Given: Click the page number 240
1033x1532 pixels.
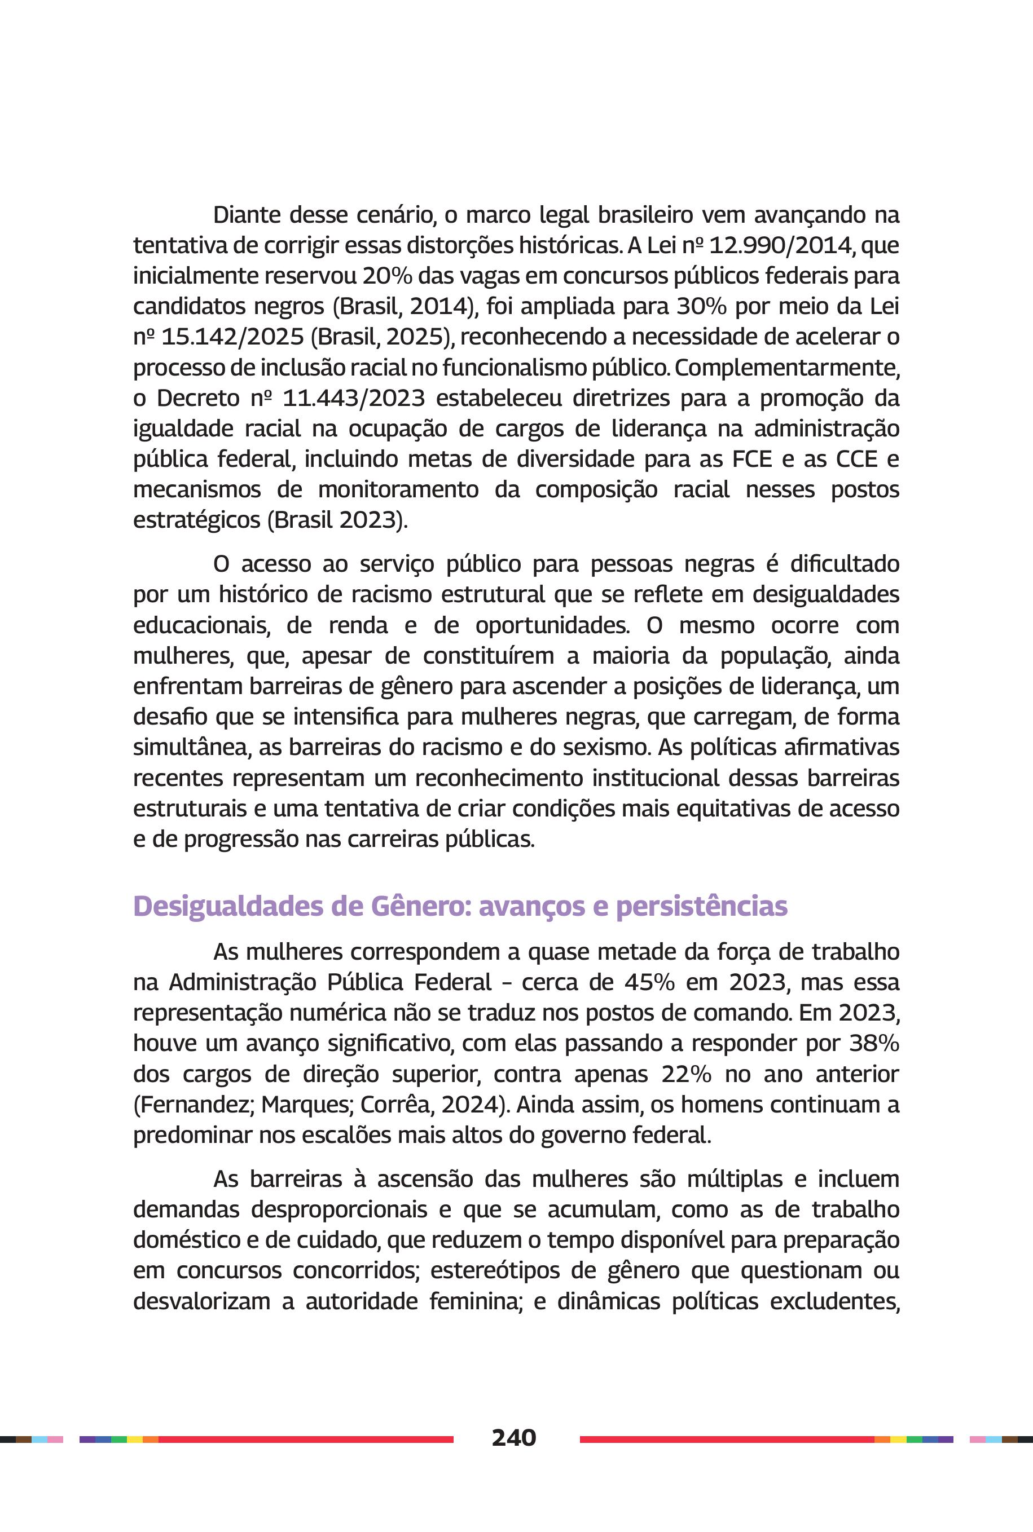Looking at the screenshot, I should (514, 1438).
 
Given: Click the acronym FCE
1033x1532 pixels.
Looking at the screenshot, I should (751, 459).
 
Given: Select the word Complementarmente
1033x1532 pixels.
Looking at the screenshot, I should (787, 368).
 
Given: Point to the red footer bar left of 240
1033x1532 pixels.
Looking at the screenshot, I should (306, 1439).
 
